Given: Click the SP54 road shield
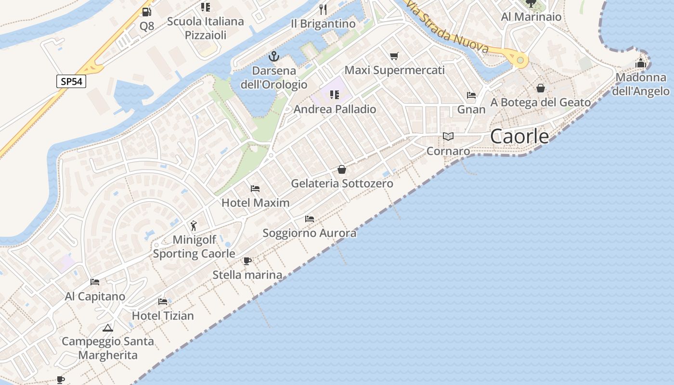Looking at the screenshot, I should point(71,81).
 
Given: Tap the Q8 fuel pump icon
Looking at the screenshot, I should point(146,12).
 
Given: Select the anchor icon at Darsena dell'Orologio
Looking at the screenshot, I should point(273,56).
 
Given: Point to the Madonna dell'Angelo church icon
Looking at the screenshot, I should point(641,63).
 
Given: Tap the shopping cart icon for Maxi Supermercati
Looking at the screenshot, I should point(394,56).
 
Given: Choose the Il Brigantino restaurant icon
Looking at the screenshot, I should point(323,9).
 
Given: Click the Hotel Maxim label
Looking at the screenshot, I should point(256,203).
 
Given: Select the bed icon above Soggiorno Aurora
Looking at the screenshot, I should point(310,218).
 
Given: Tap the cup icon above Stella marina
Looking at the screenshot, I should point(247,261).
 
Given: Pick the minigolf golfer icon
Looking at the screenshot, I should point(194,225).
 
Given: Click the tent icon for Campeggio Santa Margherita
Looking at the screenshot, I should point(108,328).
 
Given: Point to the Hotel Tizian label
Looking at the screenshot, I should point(163,316).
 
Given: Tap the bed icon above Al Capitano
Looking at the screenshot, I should point(95,282).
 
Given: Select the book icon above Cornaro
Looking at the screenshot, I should point(448,137).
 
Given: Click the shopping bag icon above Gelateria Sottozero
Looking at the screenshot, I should point(342,169).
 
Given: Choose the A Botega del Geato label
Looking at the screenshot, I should point(540,102).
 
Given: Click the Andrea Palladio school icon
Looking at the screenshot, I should point(335,94).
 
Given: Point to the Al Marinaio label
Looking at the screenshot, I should point(531,17).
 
